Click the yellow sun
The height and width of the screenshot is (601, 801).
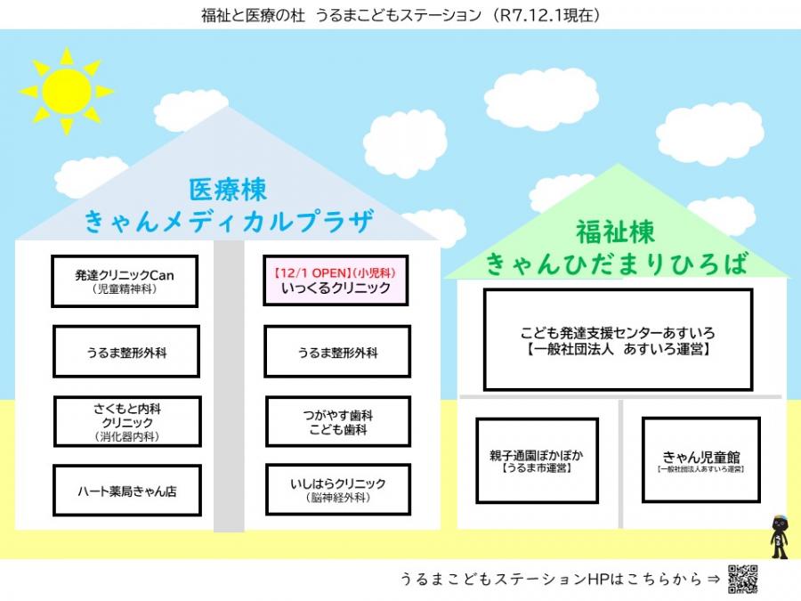click(66, 90)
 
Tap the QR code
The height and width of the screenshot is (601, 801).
click(742, 579)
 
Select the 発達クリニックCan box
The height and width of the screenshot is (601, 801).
click(125, 281)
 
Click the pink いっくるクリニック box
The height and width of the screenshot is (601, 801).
click(336, 281)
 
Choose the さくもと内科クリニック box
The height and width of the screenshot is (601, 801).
click(126, 422)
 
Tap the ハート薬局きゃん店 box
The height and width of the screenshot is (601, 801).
click(126, 491)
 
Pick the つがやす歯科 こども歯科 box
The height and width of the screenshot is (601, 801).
click(338, 422)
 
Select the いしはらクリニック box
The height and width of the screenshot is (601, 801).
click(338, 491)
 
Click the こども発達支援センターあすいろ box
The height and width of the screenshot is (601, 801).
click(618, 339)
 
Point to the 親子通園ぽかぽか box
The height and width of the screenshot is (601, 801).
click(537, 459)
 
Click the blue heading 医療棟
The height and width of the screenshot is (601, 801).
click(228, 190)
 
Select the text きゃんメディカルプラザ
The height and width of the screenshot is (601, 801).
click(228, 221)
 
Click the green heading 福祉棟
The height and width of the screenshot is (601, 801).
click(615, 232)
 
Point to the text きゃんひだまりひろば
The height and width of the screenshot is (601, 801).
click(615, 263)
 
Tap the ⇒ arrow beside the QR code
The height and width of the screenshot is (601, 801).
click(712, 579)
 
